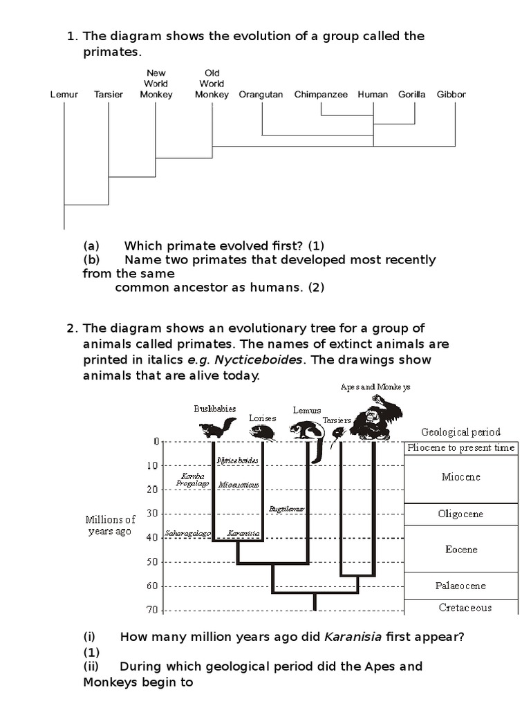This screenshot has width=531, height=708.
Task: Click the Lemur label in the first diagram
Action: coord(64,94)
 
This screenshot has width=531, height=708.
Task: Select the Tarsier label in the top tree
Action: coord(109,94)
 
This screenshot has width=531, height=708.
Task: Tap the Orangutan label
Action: coord(261,94)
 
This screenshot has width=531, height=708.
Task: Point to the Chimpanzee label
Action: coord(321,94)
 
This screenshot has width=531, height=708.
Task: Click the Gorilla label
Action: coord(412,94)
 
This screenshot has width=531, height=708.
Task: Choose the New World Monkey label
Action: coord(156,84)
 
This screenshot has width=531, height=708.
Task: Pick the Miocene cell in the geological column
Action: coord(460,477)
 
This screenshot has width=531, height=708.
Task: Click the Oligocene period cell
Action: coord(460,514)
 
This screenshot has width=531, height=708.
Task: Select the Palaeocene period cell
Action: coord(460,586)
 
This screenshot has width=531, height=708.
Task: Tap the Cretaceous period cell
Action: coord(465,608)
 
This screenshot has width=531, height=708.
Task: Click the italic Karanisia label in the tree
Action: coord(243,534)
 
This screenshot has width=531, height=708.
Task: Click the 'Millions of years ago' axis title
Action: coord(111,525)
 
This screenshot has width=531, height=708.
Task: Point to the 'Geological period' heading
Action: coord(460,432)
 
